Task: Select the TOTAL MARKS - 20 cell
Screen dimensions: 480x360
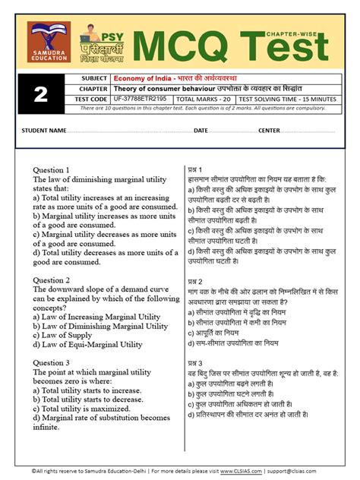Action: click(x=204, y=99)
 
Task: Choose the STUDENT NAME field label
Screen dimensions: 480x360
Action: click(x=44, y=130)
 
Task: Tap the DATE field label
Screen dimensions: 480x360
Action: click(x=201, y=130)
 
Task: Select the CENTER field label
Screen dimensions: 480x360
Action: click(x=270, y=130)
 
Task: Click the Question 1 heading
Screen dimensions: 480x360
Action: click(x=51, y=169)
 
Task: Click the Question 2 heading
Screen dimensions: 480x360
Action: click(x=51, y=279)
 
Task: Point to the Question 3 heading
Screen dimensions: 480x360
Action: click(x=51, y=363)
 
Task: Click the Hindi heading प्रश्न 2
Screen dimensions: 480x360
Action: click(x=195, y=281)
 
